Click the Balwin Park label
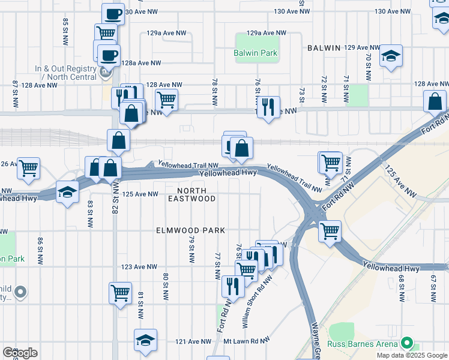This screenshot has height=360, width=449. click(256, 53)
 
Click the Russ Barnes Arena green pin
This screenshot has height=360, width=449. click(407, 344)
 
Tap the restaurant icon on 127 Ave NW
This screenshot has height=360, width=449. click(268, 107)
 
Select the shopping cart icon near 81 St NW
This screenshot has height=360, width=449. click(120, 293)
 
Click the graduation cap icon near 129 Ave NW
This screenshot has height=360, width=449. click(391, 56)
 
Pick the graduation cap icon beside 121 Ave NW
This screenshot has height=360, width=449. click(145, 340)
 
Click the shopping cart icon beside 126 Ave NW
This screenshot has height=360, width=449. click(28, 168)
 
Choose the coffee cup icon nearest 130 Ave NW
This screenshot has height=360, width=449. click(112, 13)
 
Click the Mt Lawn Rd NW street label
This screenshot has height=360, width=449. click(244, 341)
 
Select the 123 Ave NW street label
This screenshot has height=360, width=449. click(140, 267)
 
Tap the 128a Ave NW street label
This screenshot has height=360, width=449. click(141, 63)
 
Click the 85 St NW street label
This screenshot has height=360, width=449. click(65, 31)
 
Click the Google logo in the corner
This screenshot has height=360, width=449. click(20, 353)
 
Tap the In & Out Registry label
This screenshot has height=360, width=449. click(66, 72)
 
